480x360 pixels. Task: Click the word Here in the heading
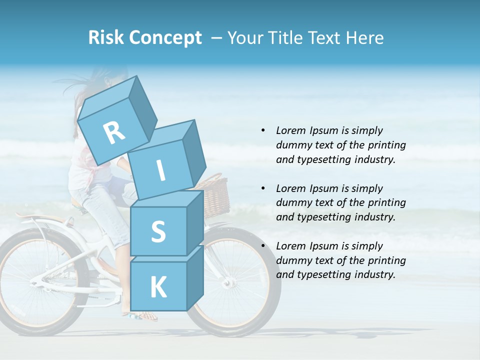[x=365, y=38]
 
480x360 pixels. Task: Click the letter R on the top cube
[x=114, y=133]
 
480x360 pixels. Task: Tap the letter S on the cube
[x=158, y=232]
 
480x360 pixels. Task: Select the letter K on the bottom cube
[x=158, y=287]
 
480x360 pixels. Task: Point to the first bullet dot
[x=263, y=131]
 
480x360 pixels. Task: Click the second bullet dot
[x=263, y=188]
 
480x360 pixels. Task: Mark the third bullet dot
[x=263, y=246]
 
